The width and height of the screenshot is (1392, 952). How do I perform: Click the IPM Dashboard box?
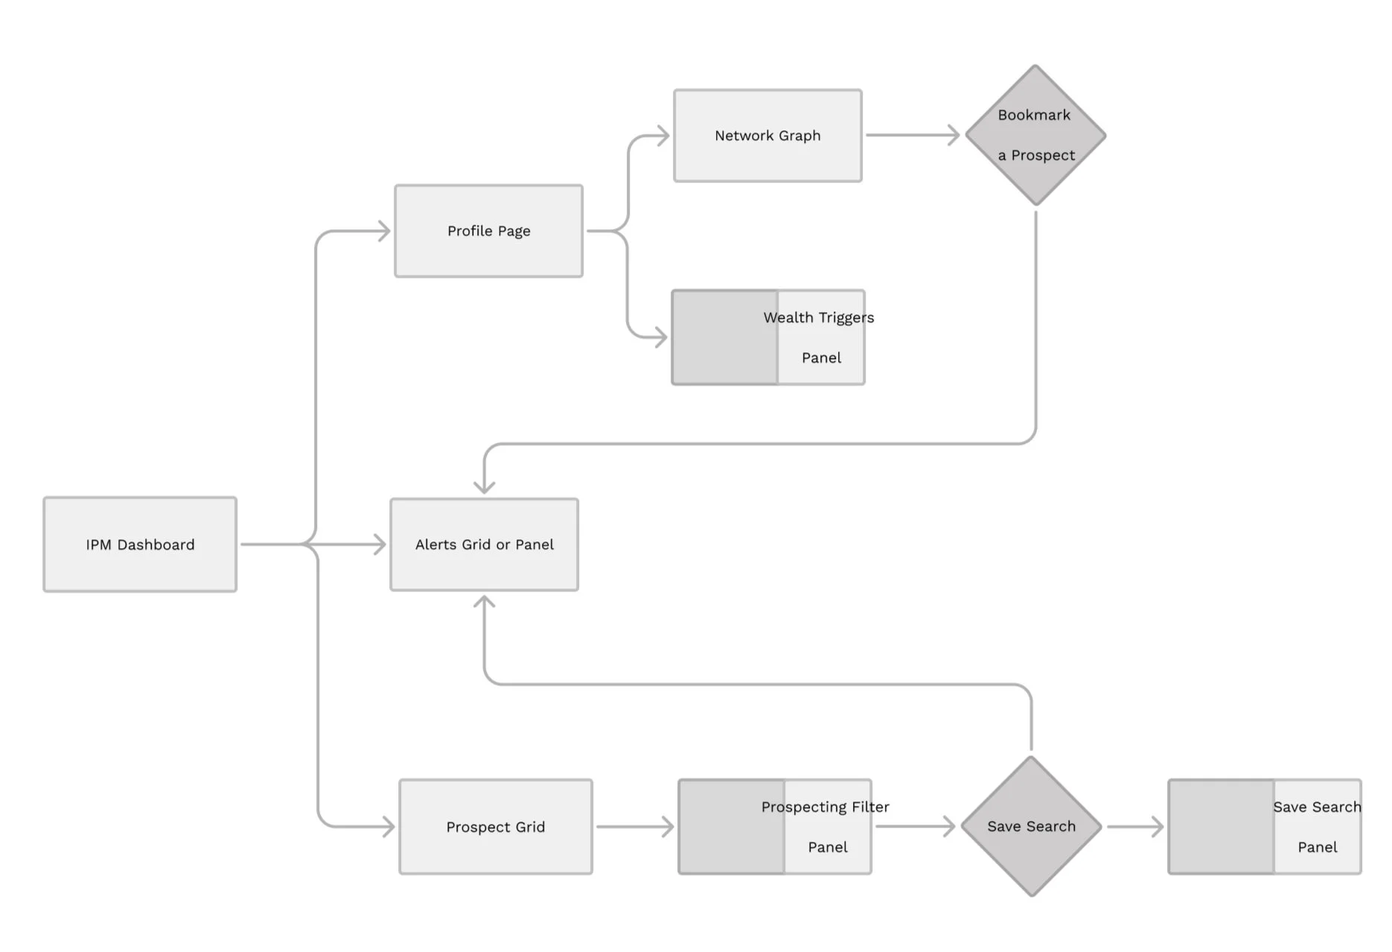[140, 545]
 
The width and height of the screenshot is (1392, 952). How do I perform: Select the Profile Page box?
[488, 231]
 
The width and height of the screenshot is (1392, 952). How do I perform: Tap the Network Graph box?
[767, 136]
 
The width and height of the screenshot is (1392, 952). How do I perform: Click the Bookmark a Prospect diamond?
[1035, 136]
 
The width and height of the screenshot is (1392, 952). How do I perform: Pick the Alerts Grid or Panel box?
[484, 545]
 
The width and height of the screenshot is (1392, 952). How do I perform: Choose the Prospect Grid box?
[495, 827]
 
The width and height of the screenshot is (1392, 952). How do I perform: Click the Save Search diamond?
[1031, 827]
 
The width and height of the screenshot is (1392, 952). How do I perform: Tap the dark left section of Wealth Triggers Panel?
[724, 337]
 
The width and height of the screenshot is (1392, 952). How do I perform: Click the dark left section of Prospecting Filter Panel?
[731, 827]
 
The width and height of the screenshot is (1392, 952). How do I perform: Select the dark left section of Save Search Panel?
[1221, 827]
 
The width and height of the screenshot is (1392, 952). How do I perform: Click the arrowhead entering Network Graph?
[662, 136]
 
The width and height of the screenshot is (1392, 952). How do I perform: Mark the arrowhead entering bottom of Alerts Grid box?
[485, 603]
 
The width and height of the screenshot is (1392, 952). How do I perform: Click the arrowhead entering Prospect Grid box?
[387, 826]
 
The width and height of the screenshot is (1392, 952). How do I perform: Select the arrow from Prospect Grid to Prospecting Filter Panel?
[634, 827]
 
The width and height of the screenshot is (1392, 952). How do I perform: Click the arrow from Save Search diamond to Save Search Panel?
[1135, 827]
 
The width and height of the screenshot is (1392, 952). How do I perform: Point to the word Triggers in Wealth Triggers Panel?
[846, 318]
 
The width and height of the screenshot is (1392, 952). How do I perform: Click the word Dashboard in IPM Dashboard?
[156, 545]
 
